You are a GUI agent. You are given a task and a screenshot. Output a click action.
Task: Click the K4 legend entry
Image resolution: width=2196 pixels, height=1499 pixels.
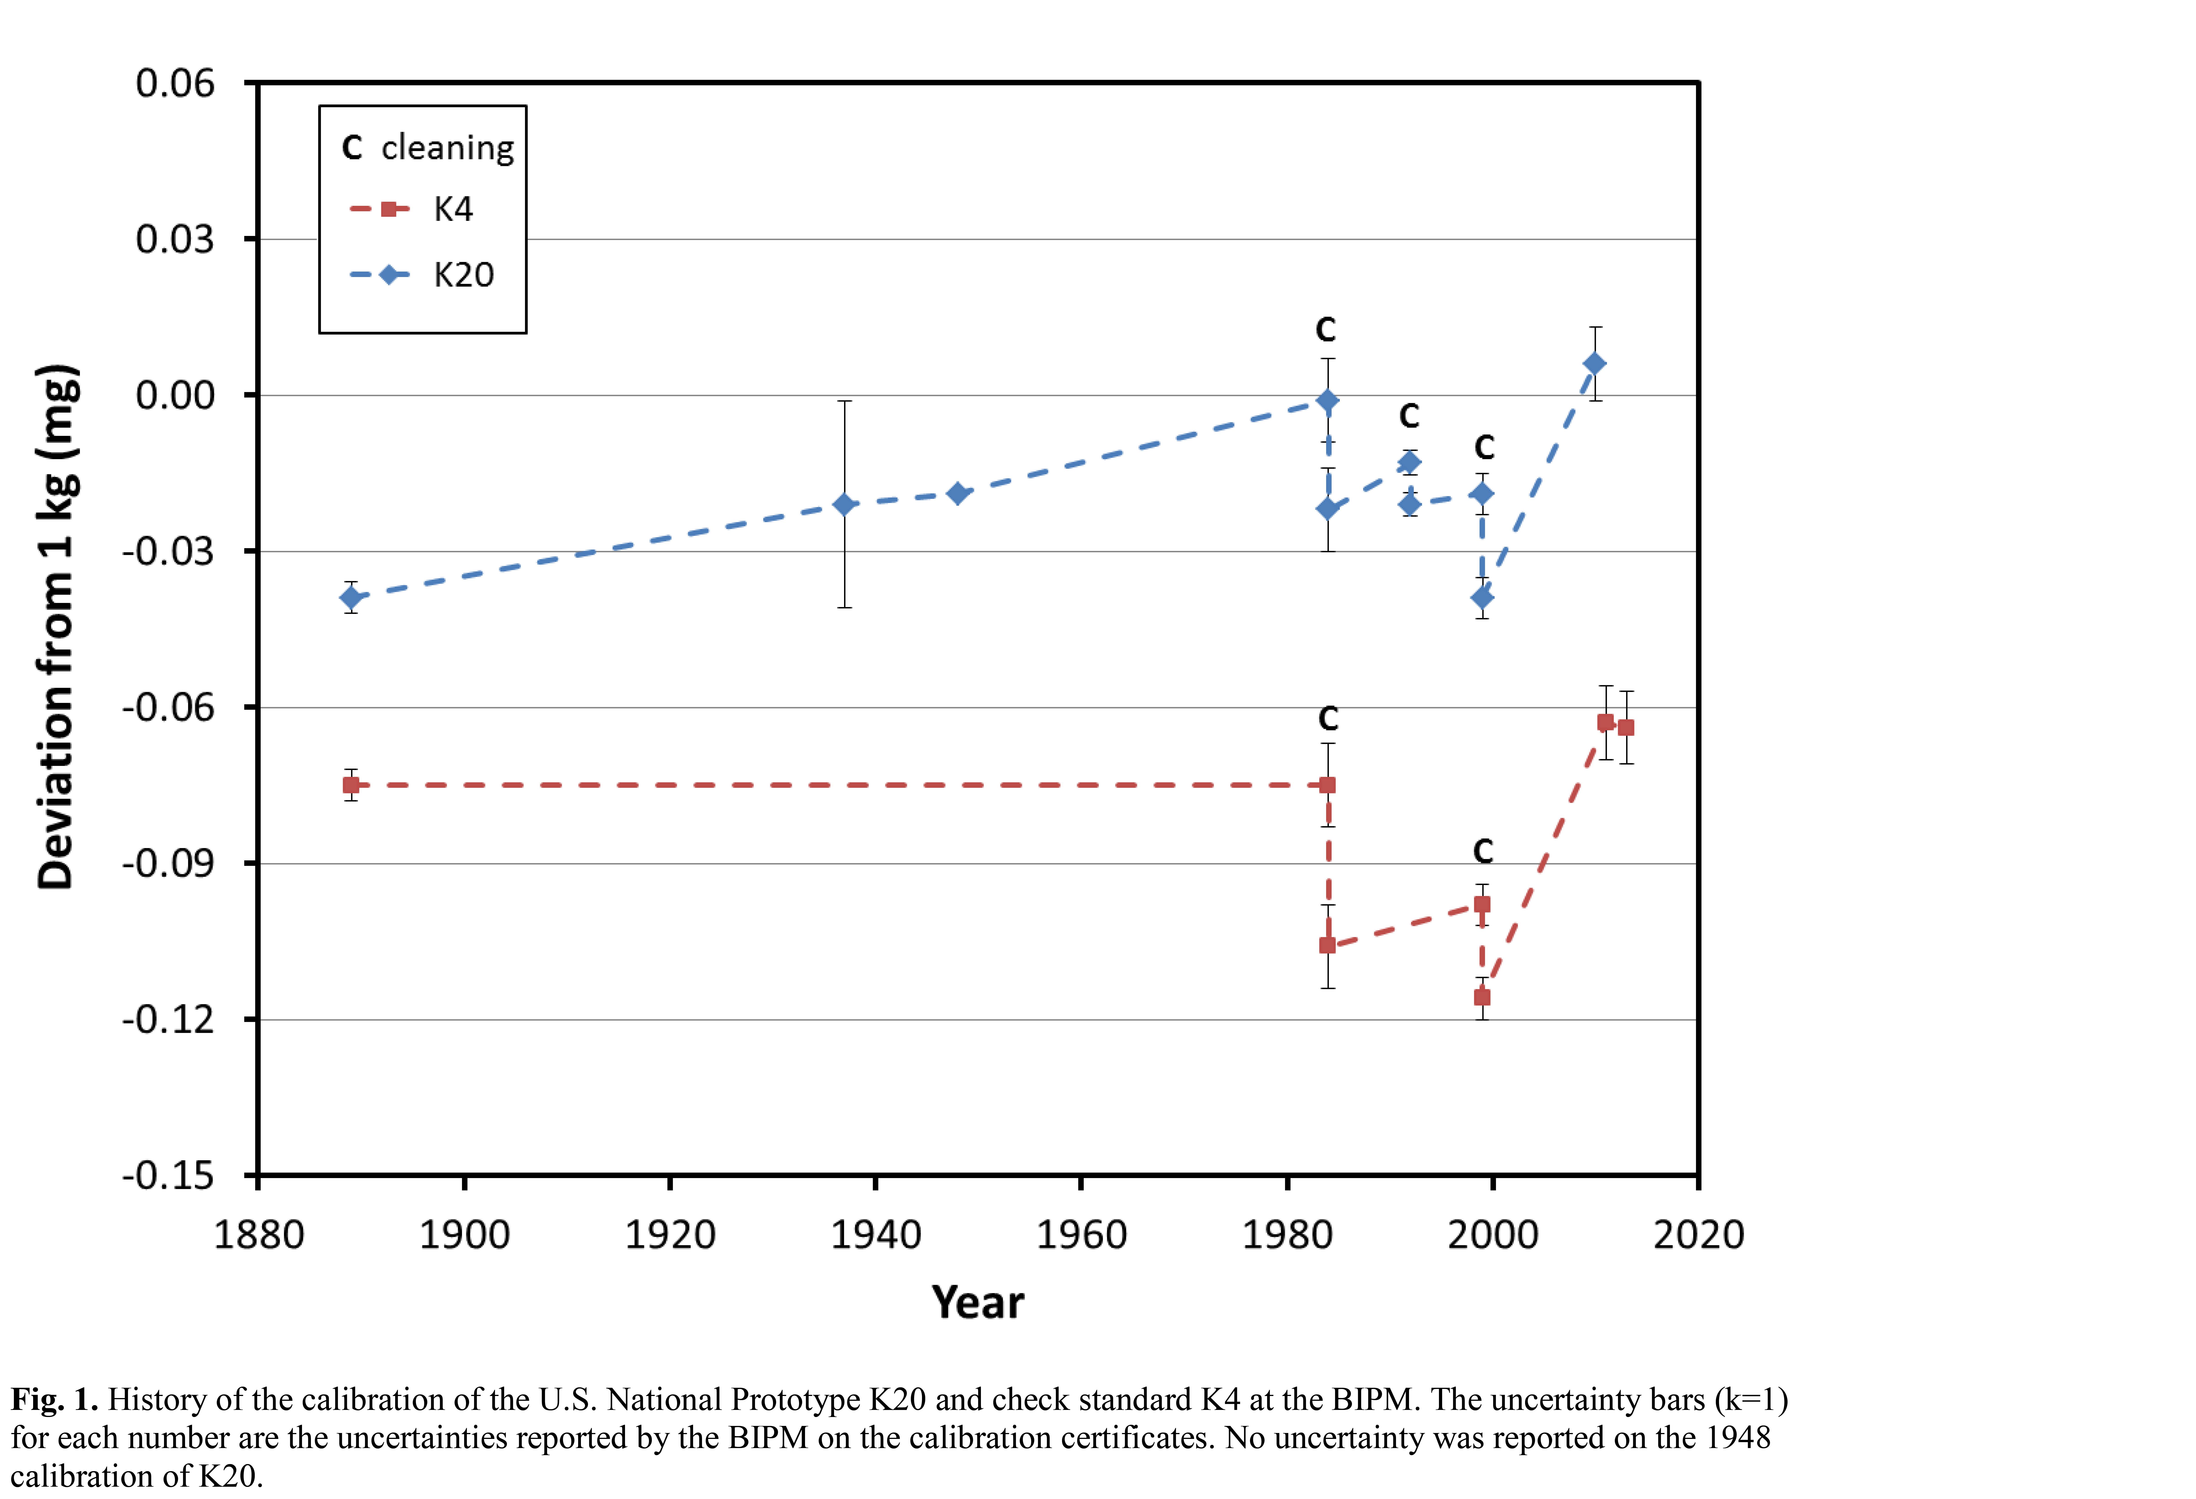point(411,209)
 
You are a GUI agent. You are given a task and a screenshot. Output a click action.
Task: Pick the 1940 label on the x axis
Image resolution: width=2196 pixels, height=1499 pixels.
point(875,1235)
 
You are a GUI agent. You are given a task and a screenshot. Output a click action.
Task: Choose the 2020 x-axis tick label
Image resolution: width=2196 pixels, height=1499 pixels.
point(1698,1235)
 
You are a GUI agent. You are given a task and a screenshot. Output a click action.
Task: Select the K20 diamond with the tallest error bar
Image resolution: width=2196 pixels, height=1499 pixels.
point(845,504)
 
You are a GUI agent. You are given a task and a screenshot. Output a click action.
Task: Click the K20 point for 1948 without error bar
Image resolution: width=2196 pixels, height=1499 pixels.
point(957,493)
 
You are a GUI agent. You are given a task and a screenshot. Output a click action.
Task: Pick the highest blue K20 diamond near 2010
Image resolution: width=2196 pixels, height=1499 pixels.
point(1594,364)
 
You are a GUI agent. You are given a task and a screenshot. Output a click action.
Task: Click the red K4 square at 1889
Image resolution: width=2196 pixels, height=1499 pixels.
point(352,785)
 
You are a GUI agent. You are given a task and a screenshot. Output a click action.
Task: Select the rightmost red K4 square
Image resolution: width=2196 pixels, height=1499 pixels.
point(1625,727)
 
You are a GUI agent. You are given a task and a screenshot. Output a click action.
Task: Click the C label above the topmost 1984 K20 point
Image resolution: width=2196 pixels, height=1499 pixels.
point(1326,330)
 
